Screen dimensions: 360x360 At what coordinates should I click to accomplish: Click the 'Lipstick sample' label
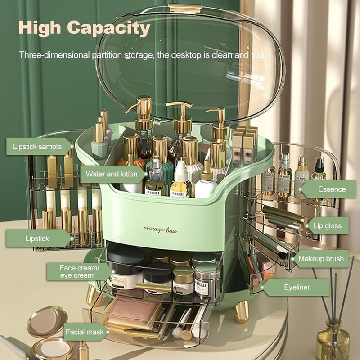(38, 147)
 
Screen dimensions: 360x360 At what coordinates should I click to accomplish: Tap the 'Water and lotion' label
(112, 174)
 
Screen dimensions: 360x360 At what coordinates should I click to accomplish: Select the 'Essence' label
(331, 189)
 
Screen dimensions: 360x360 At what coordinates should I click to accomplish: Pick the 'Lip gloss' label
(327, 225)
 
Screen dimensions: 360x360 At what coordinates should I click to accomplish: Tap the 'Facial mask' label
(85, 333)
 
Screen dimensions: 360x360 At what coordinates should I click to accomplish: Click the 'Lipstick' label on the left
(37, 238)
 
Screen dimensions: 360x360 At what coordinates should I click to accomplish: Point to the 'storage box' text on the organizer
(160, 229)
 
